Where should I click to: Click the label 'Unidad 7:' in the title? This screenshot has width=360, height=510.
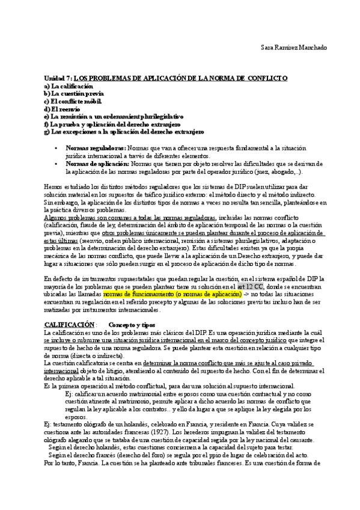58,79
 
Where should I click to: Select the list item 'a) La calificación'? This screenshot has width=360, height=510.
67,87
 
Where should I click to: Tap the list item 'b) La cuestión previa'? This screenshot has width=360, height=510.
74,94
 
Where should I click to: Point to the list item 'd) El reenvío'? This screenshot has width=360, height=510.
62,109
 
